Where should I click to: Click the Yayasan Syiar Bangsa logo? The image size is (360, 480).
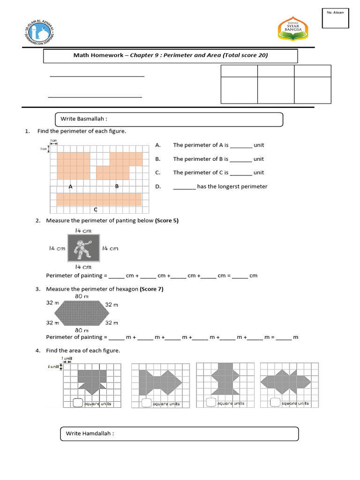click(x=292, y=29)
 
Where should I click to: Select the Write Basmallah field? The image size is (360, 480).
click(x=169, y=120)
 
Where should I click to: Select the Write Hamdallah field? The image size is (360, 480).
click(x=180, y=434)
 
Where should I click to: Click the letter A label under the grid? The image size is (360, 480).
click(x=71, y=187)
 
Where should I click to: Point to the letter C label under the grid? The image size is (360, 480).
click(x=95, y=209)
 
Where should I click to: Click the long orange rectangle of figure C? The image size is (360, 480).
click(x=99, y=199)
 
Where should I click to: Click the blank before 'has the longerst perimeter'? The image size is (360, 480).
click(x=184, y=187)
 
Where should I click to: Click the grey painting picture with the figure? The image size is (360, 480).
click(x=84, y=248)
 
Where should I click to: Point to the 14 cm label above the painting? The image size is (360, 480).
click(x=83, y=231)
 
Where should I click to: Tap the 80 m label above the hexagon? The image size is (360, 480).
click(x=82, y=296)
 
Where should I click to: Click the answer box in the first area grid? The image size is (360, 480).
click(x=78, y=402)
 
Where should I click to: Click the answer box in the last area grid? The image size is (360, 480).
click(x=275, y=402)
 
